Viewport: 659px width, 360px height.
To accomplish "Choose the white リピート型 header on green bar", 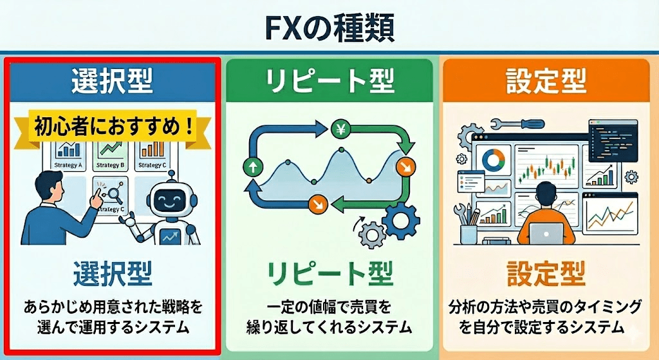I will [329, 82].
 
